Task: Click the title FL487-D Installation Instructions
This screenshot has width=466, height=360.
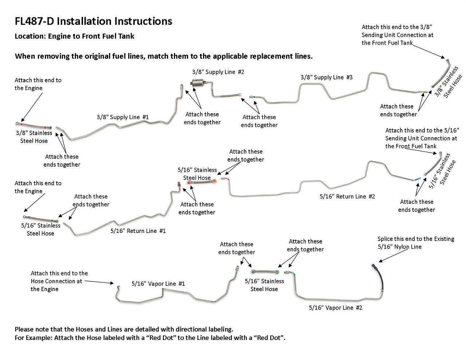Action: (x=93, y=21)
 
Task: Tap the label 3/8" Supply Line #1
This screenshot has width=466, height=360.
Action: (x=123, y=117)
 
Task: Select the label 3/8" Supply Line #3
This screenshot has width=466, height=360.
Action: (x=327, y=77)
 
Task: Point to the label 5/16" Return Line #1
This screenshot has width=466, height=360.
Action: (x=138, y=231)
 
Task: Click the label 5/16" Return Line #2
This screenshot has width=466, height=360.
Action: (x=347, y=196)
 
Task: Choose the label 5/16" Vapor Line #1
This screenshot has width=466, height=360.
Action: (x=158, y=284)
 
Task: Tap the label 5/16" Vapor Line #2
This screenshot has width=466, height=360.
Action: (x=335, y=308)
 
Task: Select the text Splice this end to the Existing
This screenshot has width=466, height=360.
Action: (x=416, y=239)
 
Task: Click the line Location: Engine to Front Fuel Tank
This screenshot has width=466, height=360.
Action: (x=74, y=36)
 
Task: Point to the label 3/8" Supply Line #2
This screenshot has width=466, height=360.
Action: (x=218, y=72)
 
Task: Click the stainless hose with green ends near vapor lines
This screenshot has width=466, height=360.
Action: (x=265, y=272)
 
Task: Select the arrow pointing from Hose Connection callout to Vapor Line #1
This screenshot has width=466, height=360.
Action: (x=100, y=282)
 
